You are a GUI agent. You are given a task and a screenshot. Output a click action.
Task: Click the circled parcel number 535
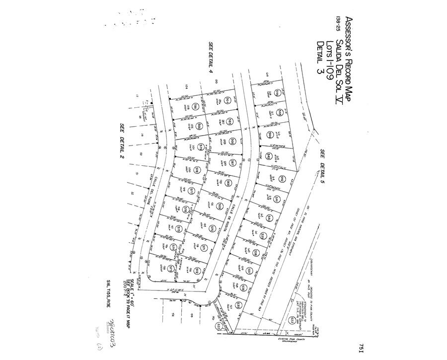pyautogui.click(x=238, y=304)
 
